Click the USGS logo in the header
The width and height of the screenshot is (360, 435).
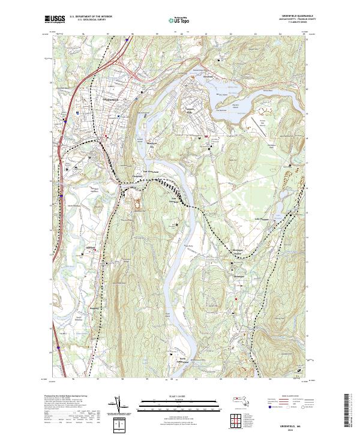(55, 20)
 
